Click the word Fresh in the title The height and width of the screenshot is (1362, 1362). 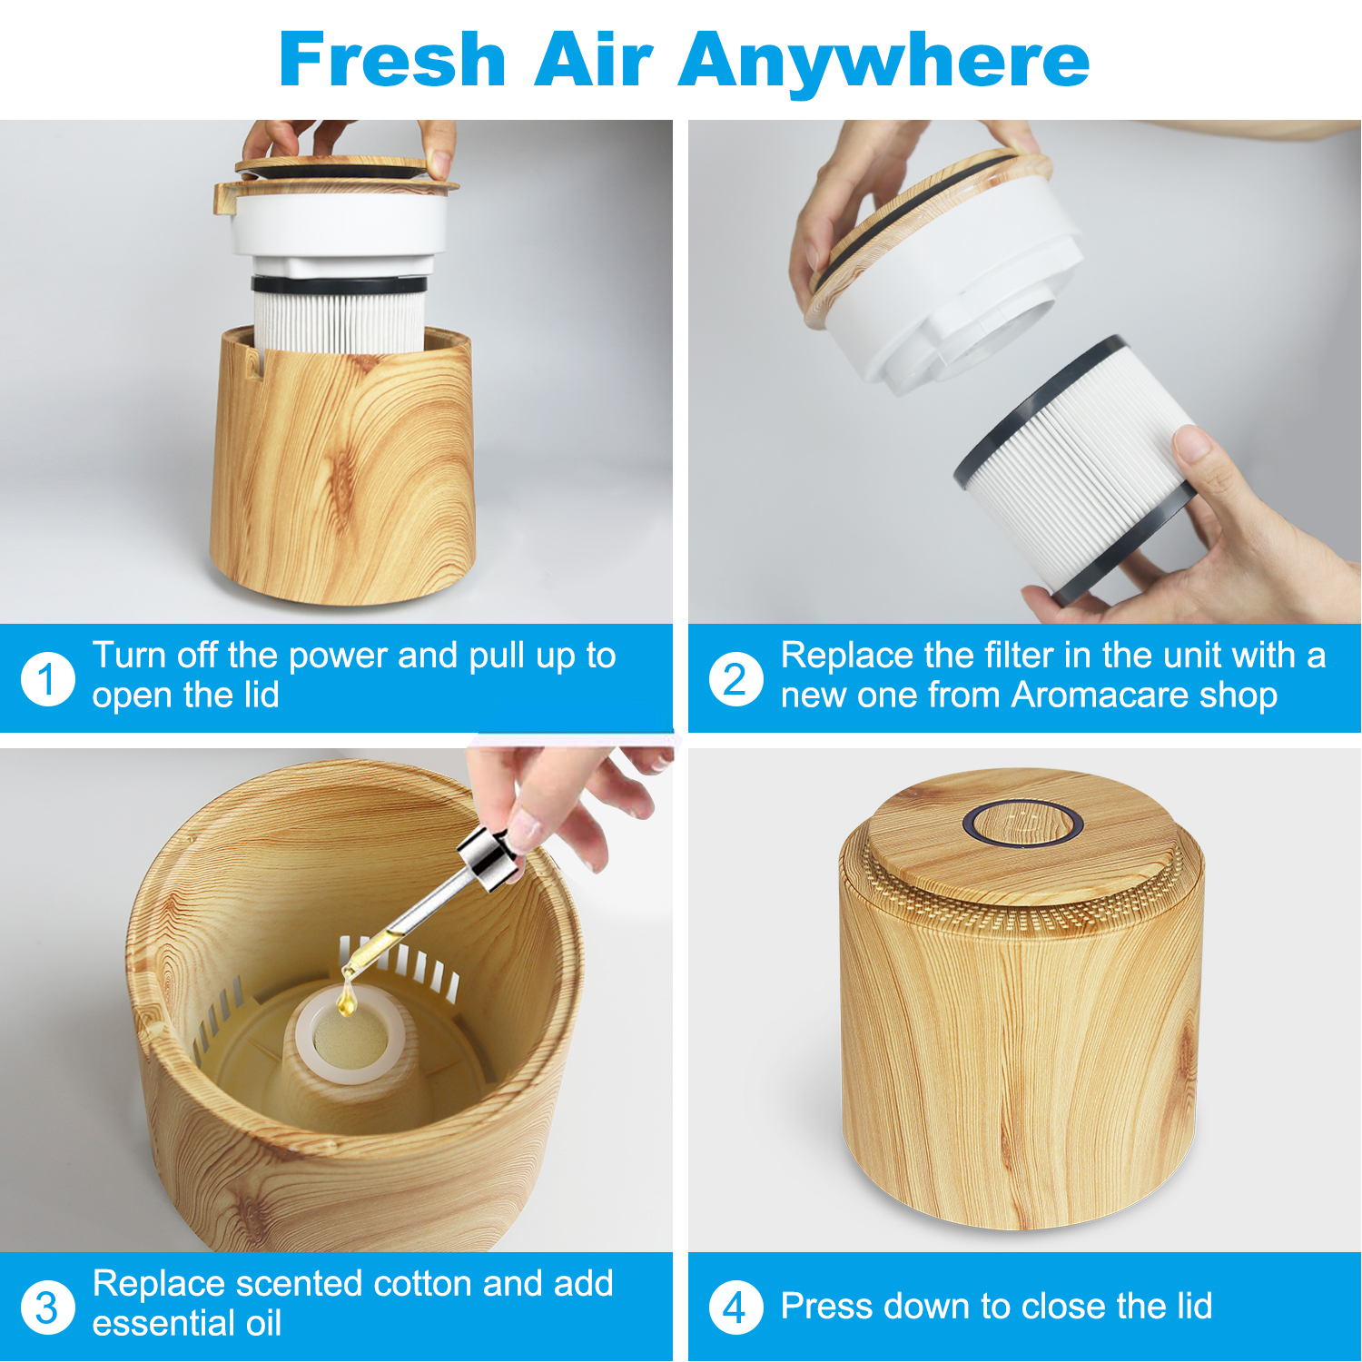[391, 60]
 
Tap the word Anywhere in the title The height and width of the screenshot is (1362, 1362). [884, 64]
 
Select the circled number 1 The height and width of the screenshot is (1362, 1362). [47, 678]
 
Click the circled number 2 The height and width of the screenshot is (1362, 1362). [735, 678]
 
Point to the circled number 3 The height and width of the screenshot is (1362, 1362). [47, 1308]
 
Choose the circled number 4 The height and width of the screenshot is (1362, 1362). [735, 1308]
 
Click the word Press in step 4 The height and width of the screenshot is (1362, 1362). [826, 1306]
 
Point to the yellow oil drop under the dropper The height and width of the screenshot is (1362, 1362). [345, 1002]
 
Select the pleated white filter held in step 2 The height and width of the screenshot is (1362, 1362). [1076, 468]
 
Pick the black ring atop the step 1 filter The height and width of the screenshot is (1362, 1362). [339, 284]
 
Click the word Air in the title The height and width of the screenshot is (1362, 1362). [592, 60]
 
